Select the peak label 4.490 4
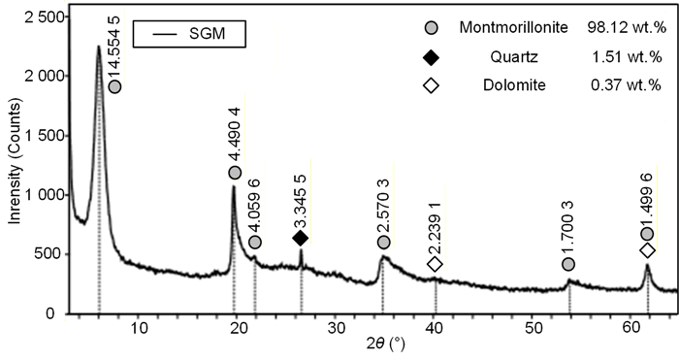[235, 135]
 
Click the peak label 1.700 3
[568, 227]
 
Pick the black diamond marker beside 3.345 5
[300, 238]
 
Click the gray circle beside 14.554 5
[114, 86]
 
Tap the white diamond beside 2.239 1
[435, 264]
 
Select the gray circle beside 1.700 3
[568, 264]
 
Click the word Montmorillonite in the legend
[513, 28]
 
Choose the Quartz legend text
[514, 56]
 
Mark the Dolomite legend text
[514, 85]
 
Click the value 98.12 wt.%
[627, 28]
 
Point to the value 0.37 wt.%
[627, 85]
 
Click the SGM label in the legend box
[207, 33]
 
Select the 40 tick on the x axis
[435, 328]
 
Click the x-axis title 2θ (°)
[386, 344]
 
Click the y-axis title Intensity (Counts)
[16, 162]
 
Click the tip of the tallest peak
[98, 46]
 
